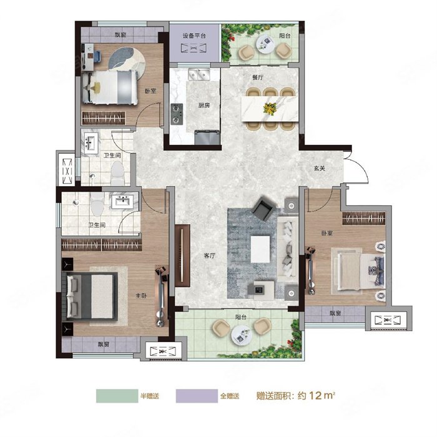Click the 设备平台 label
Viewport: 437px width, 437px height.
tap(194, 36)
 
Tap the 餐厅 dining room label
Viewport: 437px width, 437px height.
tap(258, 77)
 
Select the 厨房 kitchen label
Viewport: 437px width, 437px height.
tap(204, 106)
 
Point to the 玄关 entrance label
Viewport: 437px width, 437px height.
tap(320, 169)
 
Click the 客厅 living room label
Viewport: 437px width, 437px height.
tap(210, 255)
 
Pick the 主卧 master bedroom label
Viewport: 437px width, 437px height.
tap(141, 296)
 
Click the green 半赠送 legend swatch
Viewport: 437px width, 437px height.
tap(117, 396)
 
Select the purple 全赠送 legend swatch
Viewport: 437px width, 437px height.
tap(197, 396)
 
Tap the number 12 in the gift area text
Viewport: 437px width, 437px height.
tap(315, 395)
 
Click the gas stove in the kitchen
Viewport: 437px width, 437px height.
tap(177, 114)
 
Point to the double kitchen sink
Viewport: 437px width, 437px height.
tap(199, 74)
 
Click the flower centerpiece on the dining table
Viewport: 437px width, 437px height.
tap(270, 109)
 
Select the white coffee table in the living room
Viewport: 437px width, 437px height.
tap(260, 249)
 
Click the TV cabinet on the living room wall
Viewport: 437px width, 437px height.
tap(182, 255)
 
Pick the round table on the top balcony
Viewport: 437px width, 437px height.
tap(265, 45)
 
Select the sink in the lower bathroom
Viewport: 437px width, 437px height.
tap(122, 201)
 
